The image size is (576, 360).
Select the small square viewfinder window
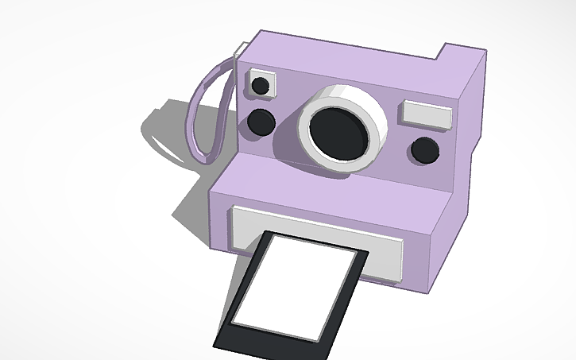tap(261, 85)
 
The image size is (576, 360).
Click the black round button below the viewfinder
tap(261, 121)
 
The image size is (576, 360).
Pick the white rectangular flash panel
tap(427, 114)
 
